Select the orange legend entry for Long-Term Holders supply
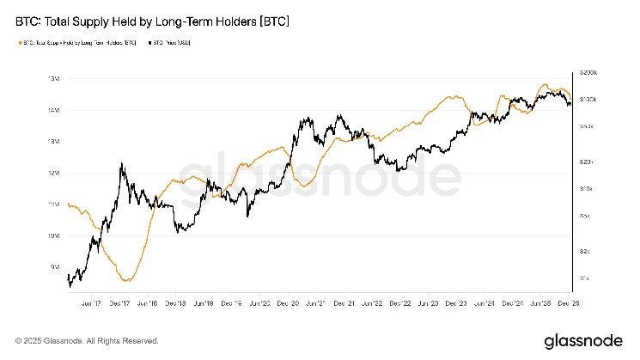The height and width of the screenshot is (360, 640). (x=76, y=42)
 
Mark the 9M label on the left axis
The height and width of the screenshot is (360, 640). (x=54, y=266)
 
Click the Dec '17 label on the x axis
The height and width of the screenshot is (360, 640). (x=119, y=302)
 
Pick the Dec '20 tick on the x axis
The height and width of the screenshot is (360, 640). (x=288, y=302)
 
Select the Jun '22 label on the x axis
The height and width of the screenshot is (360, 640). (x=372, y=302)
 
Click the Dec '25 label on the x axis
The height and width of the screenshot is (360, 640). (x=568, y=302)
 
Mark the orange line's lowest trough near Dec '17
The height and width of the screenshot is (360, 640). (x=127, y=280)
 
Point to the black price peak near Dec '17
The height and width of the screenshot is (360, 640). (x=122, y=163)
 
